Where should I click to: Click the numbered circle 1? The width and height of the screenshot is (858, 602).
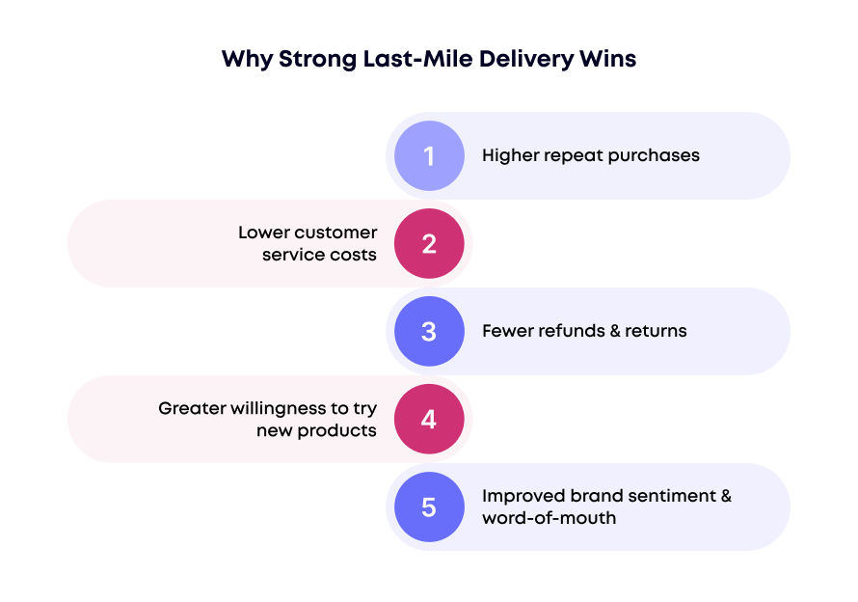(429, 155)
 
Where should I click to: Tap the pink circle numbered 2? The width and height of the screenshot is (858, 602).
(429, 243)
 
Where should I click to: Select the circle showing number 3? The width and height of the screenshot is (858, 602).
(429, 331)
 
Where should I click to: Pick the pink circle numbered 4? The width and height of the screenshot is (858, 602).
(429, 419)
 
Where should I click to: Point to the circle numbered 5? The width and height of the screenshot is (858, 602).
(429, 506)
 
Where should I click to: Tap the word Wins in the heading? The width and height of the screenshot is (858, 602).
(607, 59)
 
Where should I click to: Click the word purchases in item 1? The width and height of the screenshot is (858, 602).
(656, 155)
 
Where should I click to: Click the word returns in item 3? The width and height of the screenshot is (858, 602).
(656, 331)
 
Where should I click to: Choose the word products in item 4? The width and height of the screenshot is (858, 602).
(336, 430)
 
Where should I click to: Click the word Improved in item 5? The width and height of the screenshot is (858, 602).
(523, 496)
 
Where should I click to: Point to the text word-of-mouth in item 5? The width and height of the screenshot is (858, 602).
(549, 518)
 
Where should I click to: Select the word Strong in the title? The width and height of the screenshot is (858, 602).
(310, 59)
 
